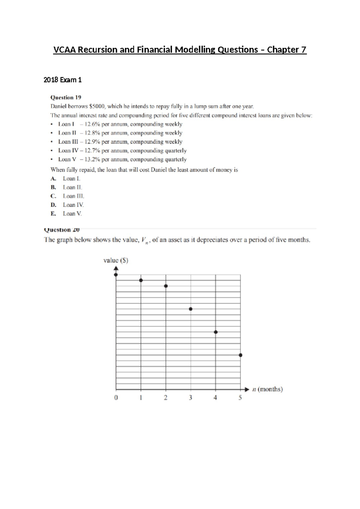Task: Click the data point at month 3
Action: [190, 309]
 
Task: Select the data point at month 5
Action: [240, 355]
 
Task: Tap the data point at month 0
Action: [116, 275]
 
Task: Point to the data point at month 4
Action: [216, 332]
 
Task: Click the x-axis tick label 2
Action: [166, 398]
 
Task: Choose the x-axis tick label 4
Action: [215, 398]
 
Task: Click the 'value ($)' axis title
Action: [116, 261]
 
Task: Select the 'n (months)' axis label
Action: [267, 389]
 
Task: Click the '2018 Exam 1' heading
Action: [62, 80]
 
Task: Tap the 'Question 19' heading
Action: [66, 97]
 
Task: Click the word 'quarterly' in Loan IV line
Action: [175, 151]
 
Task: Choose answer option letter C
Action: [53, 196]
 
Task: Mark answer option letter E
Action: [53, 214]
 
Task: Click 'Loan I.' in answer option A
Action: [71, 179]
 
